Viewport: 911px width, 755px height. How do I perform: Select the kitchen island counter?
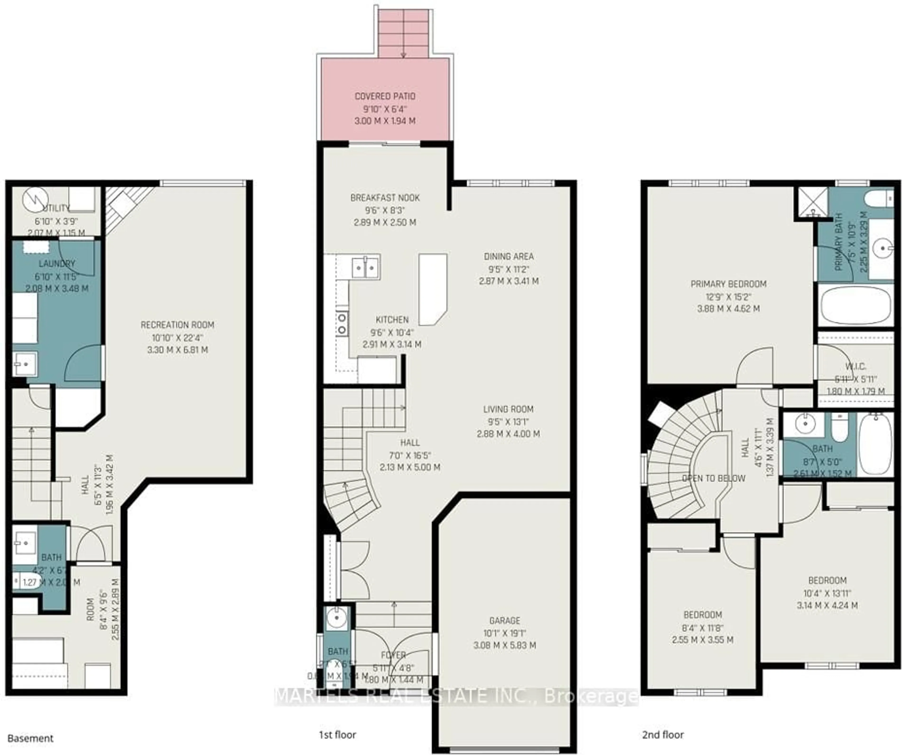[432, 289]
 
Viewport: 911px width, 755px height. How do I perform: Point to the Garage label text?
[505, 620]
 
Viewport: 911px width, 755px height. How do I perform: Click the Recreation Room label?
[177, 325]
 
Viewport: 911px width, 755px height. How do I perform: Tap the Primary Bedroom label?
[728, 284]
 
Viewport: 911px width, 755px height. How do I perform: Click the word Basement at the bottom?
[30, 738]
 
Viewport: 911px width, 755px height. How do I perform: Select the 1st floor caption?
[338, 735]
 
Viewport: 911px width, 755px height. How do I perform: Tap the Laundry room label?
[57, 264]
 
